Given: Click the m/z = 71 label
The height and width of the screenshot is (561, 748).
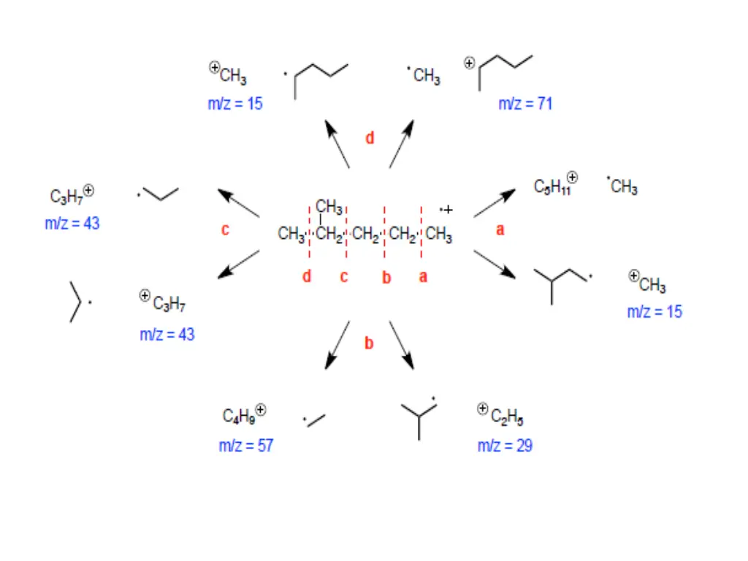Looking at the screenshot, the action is [525, 104].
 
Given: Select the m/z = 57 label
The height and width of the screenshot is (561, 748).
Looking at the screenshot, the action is [245, 446].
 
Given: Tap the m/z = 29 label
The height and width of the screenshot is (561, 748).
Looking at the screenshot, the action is [505, 446].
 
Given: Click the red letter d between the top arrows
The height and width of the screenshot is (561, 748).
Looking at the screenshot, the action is [370, 138].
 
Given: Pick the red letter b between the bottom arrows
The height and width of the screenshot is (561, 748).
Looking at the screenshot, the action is [370, 342].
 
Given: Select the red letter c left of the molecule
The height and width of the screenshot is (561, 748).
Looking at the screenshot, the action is [226, 229].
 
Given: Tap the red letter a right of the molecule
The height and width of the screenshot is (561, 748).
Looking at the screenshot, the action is [500, 229].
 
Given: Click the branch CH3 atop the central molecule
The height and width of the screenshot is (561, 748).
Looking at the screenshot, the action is [329, 207].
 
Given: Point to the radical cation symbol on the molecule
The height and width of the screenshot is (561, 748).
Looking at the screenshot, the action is [446, 210].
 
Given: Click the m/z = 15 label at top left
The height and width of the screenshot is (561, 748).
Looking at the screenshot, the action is [234, 104].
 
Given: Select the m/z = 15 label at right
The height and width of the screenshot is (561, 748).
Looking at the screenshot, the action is [654, 312].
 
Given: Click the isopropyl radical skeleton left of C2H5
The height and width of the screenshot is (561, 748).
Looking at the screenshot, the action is [419, 417].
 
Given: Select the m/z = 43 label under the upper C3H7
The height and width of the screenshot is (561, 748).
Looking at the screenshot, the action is [72, 224].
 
